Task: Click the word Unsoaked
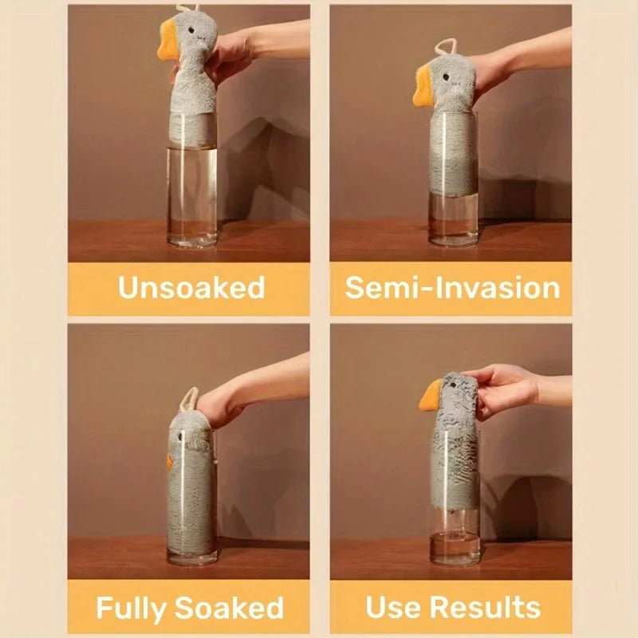pos(191,288)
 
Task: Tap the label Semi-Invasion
pos(452,288)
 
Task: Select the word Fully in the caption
pos(132,608)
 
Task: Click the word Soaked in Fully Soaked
pos(229,608)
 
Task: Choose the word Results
pos(486,607)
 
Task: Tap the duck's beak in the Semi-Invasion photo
pos(424,87)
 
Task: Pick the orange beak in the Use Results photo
pos(432,396)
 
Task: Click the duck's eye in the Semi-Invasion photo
pos(447,77)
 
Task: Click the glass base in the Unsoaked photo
pos(192,242)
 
